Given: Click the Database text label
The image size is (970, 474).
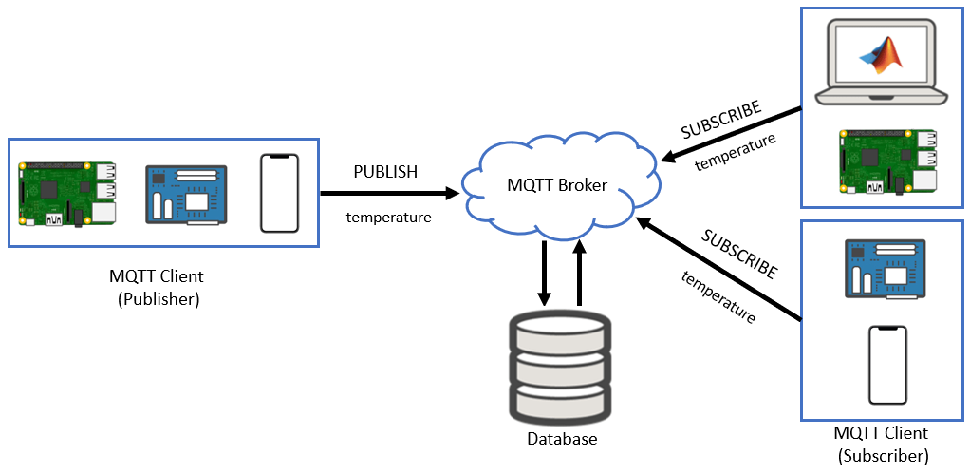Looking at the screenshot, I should click(562, 439).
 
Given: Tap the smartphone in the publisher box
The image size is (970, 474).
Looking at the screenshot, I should click(279, 193).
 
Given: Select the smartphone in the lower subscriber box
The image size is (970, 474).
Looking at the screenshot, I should click(887, 366).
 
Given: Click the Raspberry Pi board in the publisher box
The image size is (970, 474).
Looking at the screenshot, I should click(68, 194).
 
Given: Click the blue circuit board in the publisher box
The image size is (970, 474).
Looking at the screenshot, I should click(186, 194).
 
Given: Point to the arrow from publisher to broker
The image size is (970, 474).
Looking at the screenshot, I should click(389, 194).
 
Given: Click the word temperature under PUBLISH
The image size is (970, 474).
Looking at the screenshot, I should click(388, 218).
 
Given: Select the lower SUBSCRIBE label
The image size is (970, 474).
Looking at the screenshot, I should click(738, 254).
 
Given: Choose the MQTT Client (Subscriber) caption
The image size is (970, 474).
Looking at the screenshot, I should click(882, 444).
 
